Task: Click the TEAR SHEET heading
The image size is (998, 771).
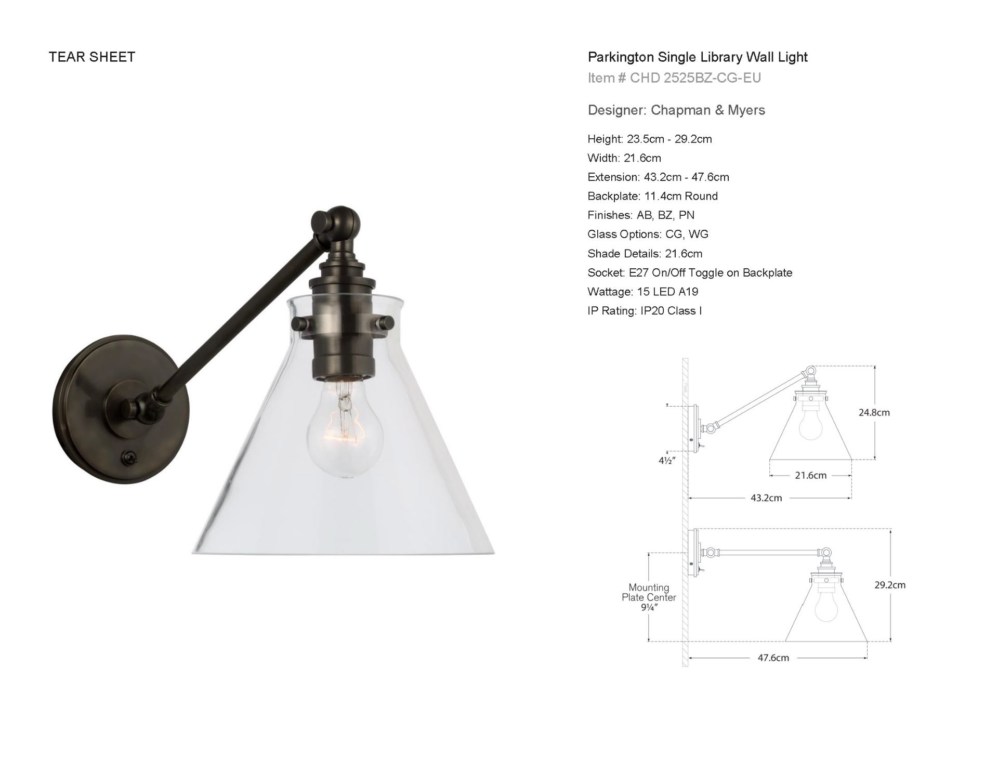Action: [x=92, y=57]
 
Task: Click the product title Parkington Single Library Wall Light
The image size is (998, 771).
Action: [x=697, y=57]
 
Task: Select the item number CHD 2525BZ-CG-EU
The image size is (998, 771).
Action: [x=674, y=78]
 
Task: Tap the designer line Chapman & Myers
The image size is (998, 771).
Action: [x=676, y=110]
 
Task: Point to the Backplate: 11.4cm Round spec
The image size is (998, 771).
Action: [x=652, y=196]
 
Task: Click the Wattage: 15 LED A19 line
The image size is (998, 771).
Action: [x=642, y=292]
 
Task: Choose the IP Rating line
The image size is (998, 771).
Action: [x=645, y=311]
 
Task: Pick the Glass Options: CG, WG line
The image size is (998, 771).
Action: [x=648, y=234]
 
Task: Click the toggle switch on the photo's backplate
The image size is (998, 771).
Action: [x=126, y=457]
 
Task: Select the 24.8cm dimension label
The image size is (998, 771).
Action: [x=874, y=412]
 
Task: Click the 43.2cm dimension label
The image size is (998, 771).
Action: [x=766, y=498]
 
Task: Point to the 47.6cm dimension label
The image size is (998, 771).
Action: [x=773, y=658]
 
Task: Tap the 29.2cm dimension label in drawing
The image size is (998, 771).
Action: [x=889, y=585]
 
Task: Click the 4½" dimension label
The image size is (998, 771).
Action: [x=666, y=461]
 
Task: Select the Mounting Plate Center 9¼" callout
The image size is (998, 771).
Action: [x=648, y=597]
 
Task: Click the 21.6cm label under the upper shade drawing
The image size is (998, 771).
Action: [x=810, y=475]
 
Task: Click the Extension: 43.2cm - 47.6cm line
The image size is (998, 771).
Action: [x=658, y=177]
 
